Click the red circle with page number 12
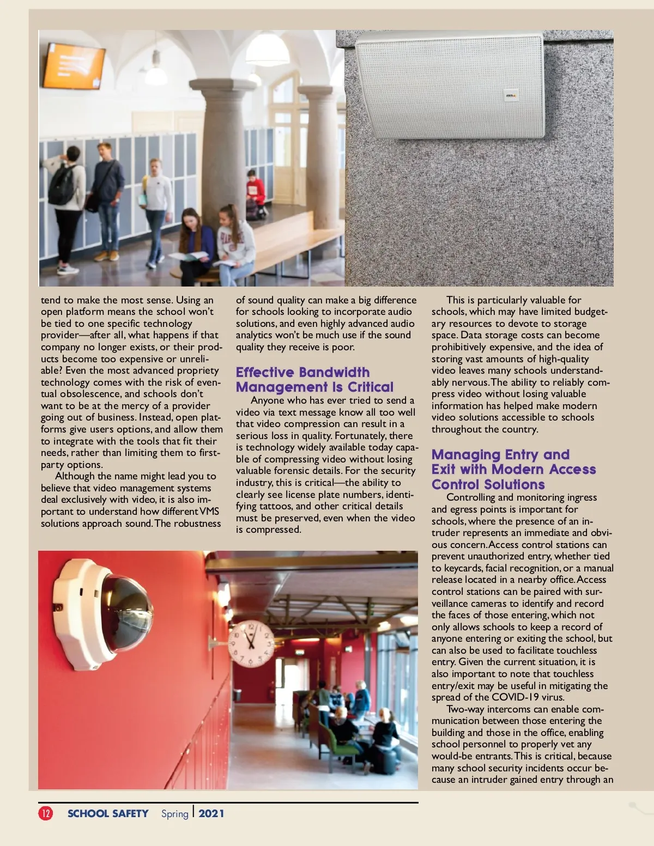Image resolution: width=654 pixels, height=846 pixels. [x=46, y=813]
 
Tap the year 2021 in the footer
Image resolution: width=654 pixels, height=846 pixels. [x=211, y=813]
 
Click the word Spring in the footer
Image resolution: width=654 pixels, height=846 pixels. [x=174, y=813]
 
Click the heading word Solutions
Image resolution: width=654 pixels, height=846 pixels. [x=514, y=484]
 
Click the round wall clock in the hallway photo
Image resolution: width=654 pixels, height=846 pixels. [x=251, y=643]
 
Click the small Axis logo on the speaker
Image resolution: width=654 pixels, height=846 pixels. [x=511, y=96]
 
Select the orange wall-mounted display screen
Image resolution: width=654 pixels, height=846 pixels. [x=74, y=66]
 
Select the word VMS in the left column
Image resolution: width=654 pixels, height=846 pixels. [x=209, y=512]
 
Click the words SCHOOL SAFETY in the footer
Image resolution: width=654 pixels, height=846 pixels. [x=108, y=813]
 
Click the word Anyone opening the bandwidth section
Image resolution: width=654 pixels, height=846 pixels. [x=268, y=400]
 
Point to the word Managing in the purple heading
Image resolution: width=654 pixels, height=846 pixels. [x=466, y=455]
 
